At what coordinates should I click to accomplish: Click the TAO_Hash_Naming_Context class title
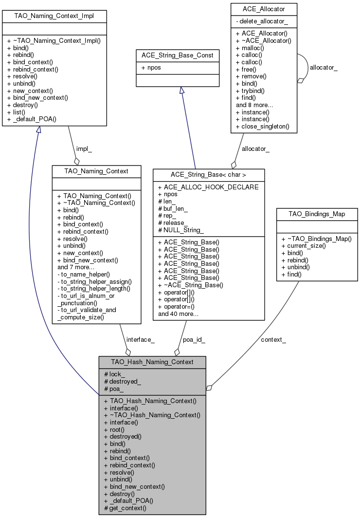pyautogui.click(x=152, y=362)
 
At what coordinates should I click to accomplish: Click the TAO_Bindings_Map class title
pyautogui.click(x=317, y=214)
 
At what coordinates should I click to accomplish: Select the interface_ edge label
pyautogui.click(x=140, y=340)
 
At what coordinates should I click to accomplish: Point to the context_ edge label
pyautogui.click(x=273, y=339)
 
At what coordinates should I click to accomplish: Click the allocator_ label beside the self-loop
pyautogui.click(x=324, y=68)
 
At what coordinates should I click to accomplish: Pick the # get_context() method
pyautogui.click(x=126, y=508)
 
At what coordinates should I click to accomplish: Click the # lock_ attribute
pyautogui.click(x=115, y=374)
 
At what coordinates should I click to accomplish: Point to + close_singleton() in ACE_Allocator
pyautogui.click(x=263, y=127)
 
